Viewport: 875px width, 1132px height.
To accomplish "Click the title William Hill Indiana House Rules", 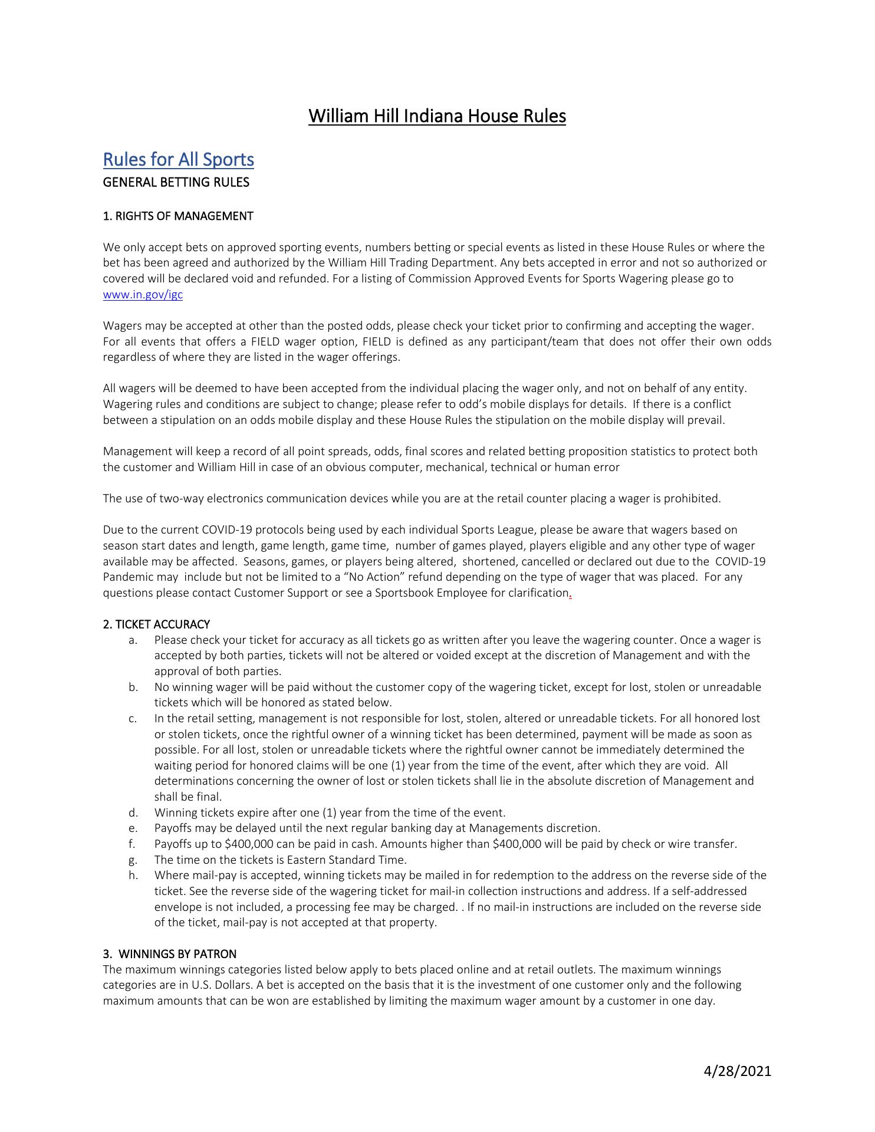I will point(437,116).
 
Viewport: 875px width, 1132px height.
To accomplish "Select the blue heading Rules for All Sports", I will point(178,159).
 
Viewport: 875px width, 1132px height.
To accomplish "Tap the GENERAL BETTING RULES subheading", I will point(176,182).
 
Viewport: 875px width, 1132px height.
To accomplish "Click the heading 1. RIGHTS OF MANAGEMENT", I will point(177,216).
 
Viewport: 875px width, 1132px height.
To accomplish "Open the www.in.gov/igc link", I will point(143,294).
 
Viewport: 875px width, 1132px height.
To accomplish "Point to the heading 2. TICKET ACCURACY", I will point(156,624).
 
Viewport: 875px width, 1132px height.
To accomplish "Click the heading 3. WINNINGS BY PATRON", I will point(169,953).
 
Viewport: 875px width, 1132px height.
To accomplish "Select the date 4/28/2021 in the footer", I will point(737,1071).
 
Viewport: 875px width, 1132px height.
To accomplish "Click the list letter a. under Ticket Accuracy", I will point(133,640).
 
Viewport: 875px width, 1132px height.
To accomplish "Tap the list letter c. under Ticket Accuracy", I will point(133,718).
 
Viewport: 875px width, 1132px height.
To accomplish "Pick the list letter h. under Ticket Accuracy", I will point(133,875).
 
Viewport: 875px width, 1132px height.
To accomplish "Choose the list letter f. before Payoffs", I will point(132,844).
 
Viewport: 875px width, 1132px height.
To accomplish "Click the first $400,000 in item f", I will point(249,844).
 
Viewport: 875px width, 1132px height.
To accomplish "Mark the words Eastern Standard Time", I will point(347,860).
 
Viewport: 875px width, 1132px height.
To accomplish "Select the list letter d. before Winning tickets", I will point(133,812).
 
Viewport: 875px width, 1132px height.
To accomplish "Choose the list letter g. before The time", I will point(133,860).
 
